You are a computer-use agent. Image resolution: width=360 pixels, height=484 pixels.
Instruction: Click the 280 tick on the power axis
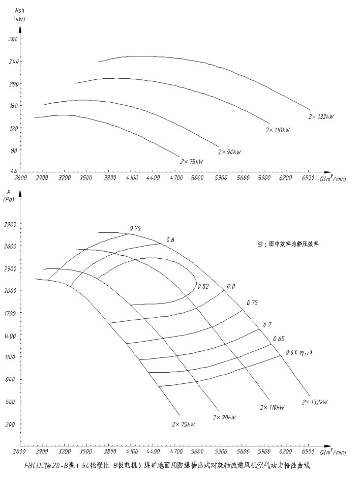[14, 39]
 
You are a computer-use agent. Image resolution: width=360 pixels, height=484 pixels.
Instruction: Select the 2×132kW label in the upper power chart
[321, 117]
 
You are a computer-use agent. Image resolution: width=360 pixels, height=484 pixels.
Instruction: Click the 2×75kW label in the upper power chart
[191, 162]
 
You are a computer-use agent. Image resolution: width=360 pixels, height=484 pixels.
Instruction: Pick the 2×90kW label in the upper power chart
[229, 152]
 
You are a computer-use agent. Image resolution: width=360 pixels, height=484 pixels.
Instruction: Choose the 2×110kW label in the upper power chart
[278, 131]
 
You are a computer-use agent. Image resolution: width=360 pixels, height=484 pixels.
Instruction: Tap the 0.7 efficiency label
[267, 324]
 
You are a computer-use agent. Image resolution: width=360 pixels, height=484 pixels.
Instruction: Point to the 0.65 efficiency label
[278, 339]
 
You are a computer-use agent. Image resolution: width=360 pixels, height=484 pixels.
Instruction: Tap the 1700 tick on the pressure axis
[10, 313]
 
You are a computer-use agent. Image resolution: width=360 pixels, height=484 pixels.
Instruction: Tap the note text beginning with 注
[287, 244]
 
